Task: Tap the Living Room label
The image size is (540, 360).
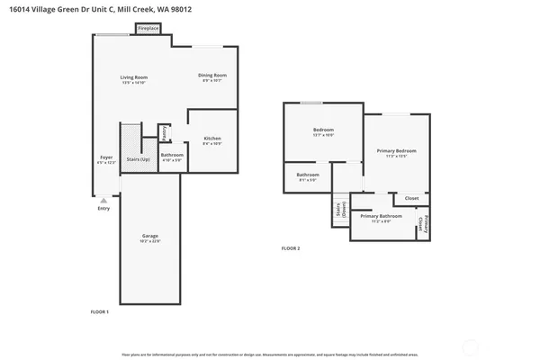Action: tap(133, 77)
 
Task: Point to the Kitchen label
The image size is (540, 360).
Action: tap(211, 138)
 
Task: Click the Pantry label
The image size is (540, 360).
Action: tap(164, 133)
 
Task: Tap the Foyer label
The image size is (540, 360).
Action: tap(105, 157)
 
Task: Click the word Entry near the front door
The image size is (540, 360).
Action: tap(103, 209)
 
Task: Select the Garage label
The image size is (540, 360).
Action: tap(149, 236)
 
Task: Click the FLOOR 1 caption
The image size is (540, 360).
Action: tap(100, 311)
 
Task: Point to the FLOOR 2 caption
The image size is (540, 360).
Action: tap(291, 247)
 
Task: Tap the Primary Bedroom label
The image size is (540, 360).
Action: tap(396, 150)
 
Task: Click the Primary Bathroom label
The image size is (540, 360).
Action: tap(381, 216)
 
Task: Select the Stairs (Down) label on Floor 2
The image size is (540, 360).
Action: tap(338, 211)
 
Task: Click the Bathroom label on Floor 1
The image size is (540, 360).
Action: tap(172, 155)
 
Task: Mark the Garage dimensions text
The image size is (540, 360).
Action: tap(149, 241)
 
